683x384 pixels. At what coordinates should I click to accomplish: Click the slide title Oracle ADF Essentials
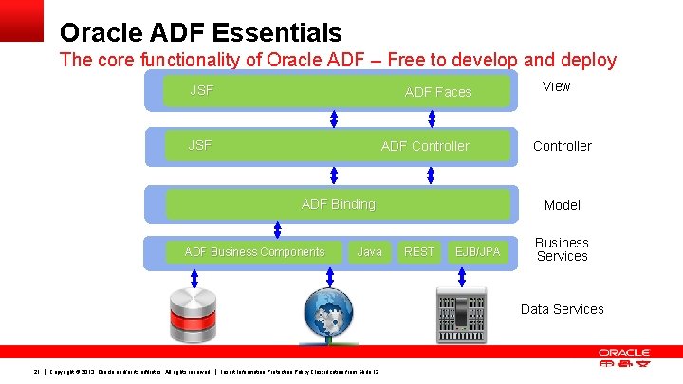click(x=200, y=33)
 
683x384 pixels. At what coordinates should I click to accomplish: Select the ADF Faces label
click(x=437, y=92)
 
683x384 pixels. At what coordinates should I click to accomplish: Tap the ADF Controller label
click(x=425, y=146)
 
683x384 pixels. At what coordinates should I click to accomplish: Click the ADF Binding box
click(x=339, y=204)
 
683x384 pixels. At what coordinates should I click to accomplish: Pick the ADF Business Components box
click(x=254, y=252)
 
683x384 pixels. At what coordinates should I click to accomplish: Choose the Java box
click(x=369, y=252)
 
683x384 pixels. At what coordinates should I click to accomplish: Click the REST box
click(x=418, y=252)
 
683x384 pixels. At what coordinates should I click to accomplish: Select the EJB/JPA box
click(x=478, y=252)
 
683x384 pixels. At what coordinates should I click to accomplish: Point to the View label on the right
click(x=556, y=86)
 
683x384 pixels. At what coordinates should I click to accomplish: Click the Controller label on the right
click(x=562, y=146)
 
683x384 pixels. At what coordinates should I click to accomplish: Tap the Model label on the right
click(x=562, y=205)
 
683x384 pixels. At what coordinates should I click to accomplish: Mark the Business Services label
click(x=562, y=249)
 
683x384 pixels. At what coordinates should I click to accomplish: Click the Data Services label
click(x=562, y=309)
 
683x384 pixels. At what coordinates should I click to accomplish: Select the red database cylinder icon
click(x=194, y=313)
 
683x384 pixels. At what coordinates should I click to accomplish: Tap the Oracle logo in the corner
click(x=624, y=358)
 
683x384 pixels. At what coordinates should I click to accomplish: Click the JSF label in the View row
click(x=201, y=91)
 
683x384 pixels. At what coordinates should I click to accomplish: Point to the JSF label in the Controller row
click(x=200, y=146)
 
